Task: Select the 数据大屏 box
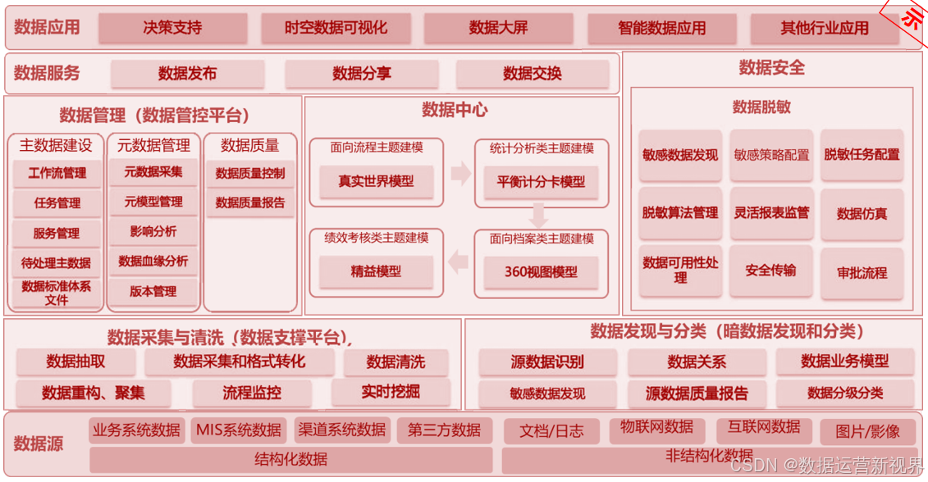pos(498,28)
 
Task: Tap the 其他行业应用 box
pos(824,28)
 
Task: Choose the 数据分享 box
pos(362,74)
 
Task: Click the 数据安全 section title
pos(771,68)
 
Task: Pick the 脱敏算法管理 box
pos(679,213)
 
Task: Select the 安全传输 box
pos(770,271)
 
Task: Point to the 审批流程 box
pos(862,272)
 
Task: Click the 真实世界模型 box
pos(376,181)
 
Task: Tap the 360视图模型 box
pos(541,271)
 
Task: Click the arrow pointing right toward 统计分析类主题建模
pos(460,173)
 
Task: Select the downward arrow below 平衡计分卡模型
pos(537,216)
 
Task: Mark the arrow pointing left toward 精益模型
pos(458,261)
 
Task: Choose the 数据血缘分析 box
pos(153,261)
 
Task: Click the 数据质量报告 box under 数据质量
pos(249,202)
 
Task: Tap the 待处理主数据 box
pos(56,263)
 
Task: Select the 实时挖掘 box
pos(391,392)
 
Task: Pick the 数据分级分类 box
pos(844,393)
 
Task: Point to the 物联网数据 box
pos(656,428)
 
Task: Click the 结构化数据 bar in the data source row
pos(290,459)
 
